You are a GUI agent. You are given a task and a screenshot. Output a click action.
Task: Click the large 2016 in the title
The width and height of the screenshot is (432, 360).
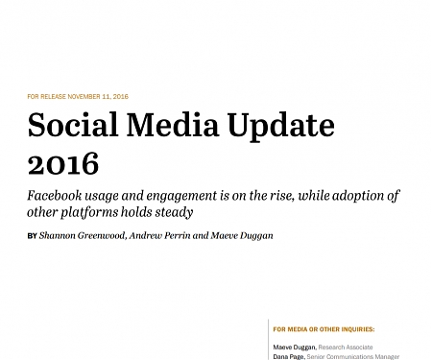(62, 163)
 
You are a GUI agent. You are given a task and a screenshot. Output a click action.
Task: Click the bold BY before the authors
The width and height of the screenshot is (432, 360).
(33, 235)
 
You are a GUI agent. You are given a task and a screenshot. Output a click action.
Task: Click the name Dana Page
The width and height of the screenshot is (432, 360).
(289, 356)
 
